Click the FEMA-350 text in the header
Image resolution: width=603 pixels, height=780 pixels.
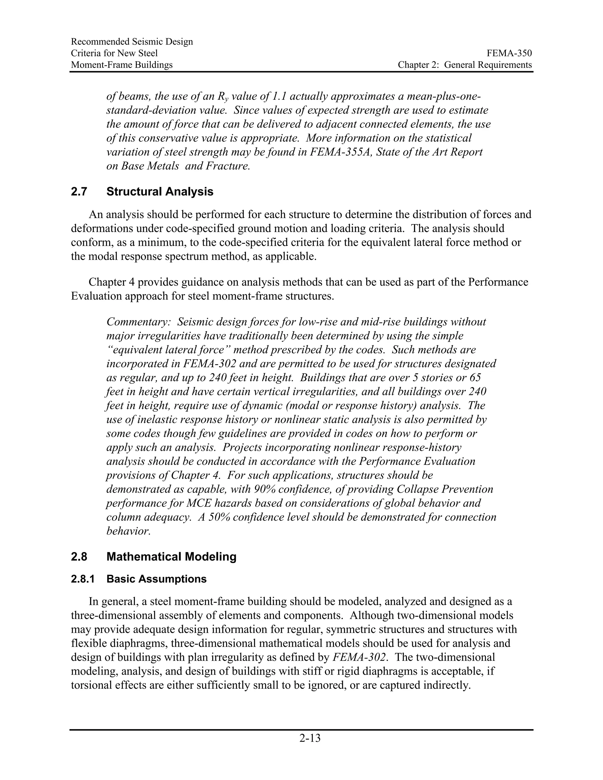click(509, 53)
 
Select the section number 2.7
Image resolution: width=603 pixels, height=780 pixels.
click(79, 192)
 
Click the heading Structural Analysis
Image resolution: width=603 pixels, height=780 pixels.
click(160, 192)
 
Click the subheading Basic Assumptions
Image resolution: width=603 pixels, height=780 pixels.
click(156, 579)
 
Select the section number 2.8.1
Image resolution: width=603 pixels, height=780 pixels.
click(82, 579)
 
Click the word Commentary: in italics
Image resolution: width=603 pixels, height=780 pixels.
click(139, 322)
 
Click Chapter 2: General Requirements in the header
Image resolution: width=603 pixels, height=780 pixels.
click(465, 65)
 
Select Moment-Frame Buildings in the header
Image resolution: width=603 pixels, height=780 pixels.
click(122, 65)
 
